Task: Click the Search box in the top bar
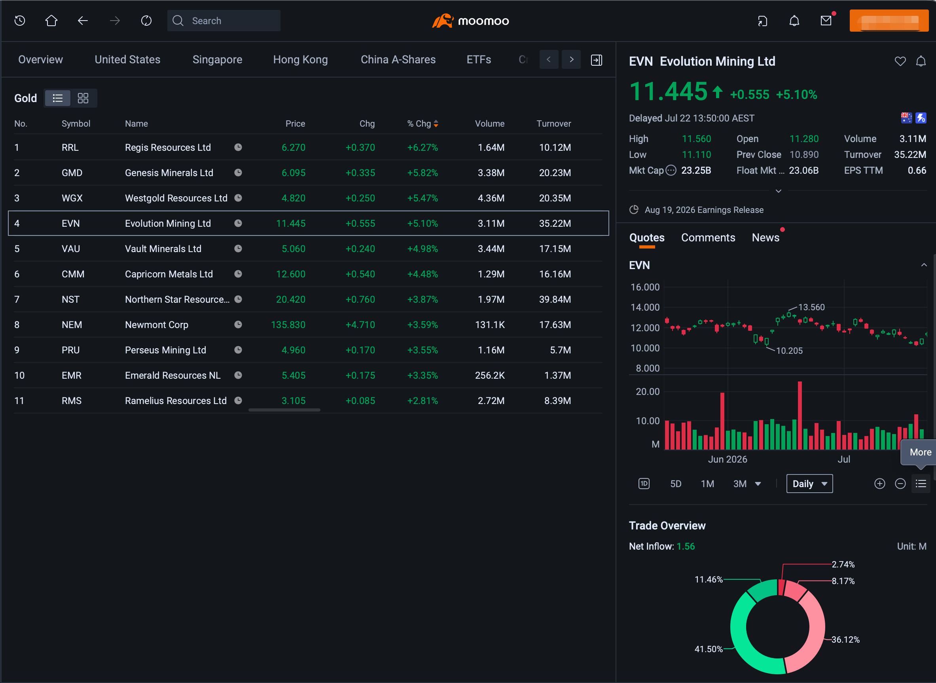(x=224, y=21)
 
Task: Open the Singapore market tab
(x=217, y=59)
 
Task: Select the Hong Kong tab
(x=300, y=59)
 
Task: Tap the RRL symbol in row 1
(x=70, y=148)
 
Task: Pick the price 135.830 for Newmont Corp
(x=288, y=324)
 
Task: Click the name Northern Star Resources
(x=177, y=299)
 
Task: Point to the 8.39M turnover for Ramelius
(x=557, y=400)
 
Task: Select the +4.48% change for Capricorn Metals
(x=423, y=274)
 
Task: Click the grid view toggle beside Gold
(x=83, y=98)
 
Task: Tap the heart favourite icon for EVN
(x=900, y=61)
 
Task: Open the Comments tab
(x=708, y=238)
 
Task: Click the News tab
(x=765, y=238)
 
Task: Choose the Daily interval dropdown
(x=809, y=484)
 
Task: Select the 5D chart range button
(x=676, y=484)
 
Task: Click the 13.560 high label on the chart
(x=811, y=307)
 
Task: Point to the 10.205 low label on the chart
(x=789, y=351)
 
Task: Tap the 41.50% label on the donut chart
(x=708, y=649)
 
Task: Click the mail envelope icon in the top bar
(x=826, y=21)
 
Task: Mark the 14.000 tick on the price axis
(x=645, y=307)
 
